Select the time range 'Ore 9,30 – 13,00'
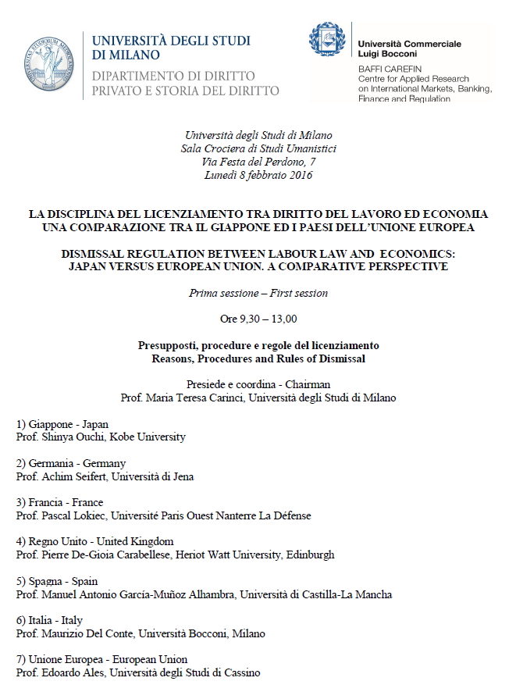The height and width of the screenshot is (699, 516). click(258, 319)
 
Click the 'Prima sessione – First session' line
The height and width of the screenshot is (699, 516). click(258, 294)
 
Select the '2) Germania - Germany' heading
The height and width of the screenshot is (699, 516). click(71, 463)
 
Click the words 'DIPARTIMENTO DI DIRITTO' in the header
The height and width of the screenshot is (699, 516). click(173, 76)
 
